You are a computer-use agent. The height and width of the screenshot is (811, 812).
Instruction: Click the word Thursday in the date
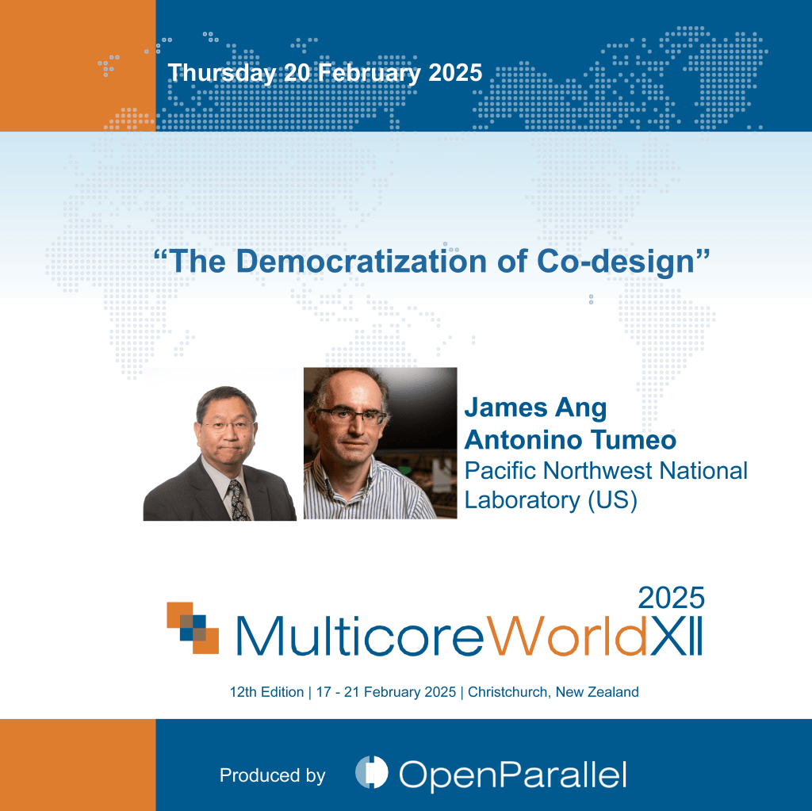(x=222, y=73)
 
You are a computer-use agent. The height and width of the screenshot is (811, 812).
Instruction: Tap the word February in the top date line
(x=370, y=73)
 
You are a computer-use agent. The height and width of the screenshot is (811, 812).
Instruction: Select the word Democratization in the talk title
(x=361, y=261)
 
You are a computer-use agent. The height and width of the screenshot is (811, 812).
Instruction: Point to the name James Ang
(x=535, y=408)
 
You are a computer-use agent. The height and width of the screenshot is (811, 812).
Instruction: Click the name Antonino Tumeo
(x=570, y=440)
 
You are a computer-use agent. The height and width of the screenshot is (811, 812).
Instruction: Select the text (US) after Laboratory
(x=613, y=500)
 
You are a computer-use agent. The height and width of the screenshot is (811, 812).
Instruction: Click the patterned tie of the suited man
(x=238, y=499)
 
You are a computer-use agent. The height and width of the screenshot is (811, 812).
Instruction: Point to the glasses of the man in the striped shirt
(x=352, y=415)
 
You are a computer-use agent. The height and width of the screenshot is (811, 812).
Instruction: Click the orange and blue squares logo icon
(x=193, y=628)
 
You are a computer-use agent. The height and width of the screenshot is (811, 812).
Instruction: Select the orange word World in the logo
(x=566, y=636)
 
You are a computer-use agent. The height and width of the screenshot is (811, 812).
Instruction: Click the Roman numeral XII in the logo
(x=676, y=636)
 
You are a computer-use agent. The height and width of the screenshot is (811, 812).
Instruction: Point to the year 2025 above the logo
(x=671, y=599)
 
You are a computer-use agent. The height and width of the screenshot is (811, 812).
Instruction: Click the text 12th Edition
(x=266, y=692)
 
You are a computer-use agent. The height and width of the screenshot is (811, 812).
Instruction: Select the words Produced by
(x=273, y=775)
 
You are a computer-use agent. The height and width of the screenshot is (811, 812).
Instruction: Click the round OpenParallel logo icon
(x=371, y=772)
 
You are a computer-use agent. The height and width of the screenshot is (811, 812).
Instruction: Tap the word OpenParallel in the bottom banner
(x=513, y=775)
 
